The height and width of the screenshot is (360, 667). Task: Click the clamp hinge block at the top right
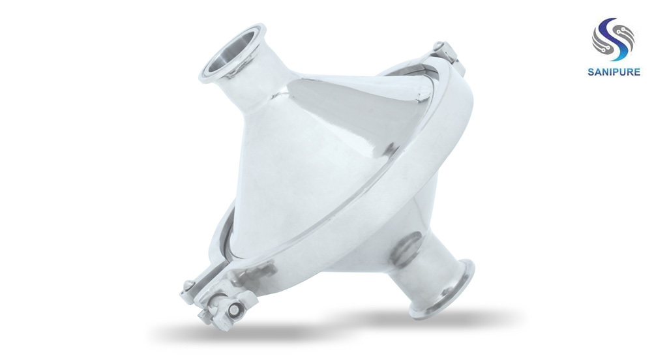[449, 57]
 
